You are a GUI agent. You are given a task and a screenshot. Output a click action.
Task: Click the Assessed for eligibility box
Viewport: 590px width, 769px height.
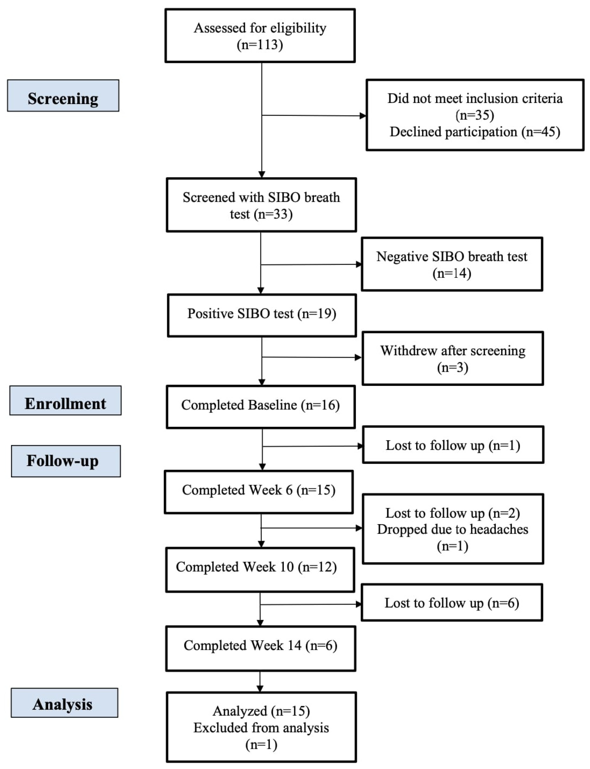click(x=260, y=36)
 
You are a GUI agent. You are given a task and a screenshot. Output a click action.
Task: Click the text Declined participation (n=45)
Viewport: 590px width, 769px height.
click(x=475, y=132)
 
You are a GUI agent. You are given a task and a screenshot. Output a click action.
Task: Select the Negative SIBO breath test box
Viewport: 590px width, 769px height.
click(x=452, y=264)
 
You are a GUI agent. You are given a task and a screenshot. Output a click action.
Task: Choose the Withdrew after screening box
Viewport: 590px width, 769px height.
click(x=453, y=358)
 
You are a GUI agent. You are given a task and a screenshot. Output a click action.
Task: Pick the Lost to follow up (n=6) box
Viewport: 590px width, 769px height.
click(x=452, y=603)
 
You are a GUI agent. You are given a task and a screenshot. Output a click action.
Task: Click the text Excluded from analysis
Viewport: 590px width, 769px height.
click(x=261, y=728)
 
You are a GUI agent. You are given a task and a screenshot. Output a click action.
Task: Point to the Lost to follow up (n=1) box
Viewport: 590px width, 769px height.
click(x=453, y=445)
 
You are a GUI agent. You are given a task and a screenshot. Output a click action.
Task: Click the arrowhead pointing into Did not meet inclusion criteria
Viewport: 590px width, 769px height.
click(x=363, y=116)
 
